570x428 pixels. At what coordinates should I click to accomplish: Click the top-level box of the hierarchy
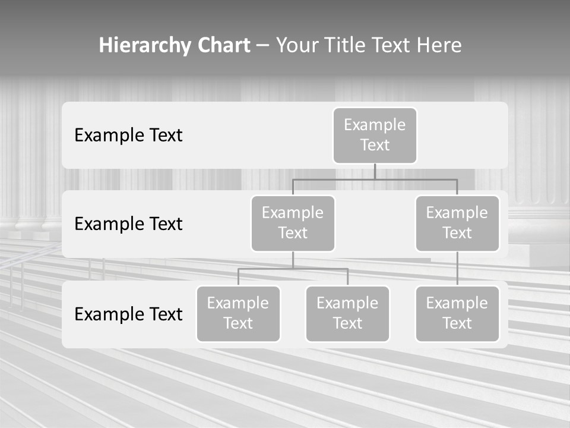point(375,135)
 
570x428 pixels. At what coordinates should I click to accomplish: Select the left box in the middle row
point(293,223)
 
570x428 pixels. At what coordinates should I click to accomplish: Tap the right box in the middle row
point(457,223)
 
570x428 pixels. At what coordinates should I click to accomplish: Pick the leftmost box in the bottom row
point(238,313)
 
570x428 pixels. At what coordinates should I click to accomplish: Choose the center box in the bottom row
point(347,313)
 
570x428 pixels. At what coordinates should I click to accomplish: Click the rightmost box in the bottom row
point(457,313)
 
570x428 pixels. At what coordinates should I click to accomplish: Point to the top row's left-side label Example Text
point(128,135)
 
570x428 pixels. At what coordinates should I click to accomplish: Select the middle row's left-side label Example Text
point(128,224)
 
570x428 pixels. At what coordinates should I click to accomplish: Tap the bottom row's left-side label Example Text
point(128,314)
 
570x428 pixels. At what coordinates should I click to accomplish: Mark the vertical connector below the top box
point(375,172)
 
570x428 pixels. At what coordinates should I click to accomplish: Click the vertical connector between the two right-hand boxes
point(457,269)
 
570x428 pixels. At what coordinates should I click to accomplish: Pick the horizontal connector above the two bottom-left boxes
point(293,269)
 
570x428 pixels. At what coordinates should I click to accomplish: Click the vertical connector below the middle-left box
point(293,260)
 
